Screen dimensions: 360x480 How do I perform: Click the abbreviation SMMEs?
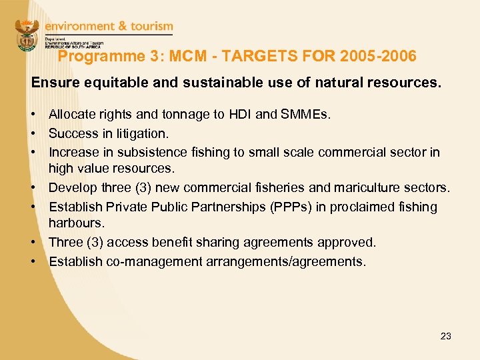[x=304, y=114]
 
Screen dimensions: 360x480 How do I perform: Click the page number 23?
[x=446, y=336]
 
